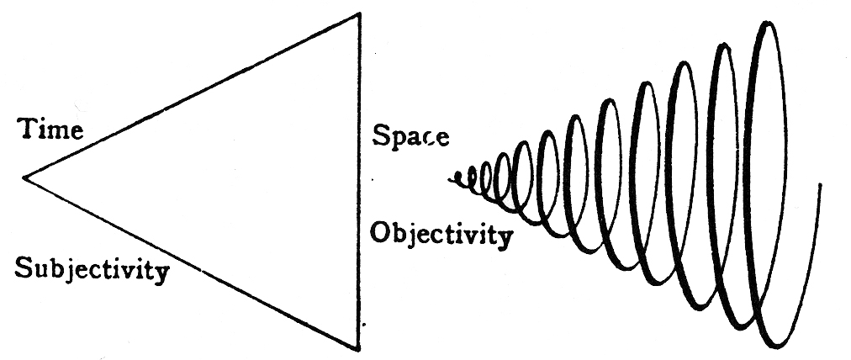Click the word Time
pyautogui.click(x=52, y=131)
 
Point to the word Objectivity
pyautogui.click(x=440, y=234)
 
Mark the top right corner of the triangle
pyautogui.click(x=361, y=13)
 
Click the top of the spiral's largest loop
pyautogui.click(x=766, y=24)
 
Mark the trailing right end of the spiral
pyautogui.click(x=819, y=183)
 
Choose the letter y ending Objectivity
pyautogui.click(x=504, y=238)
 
